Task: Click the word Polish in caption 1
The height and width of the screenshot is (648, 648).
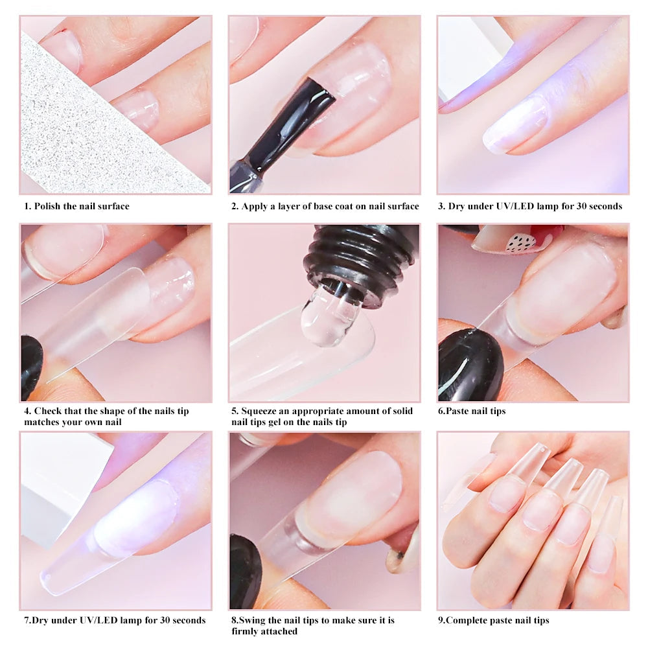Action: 49,206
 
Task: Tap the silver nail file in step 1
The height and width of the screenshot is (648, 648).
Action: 84,130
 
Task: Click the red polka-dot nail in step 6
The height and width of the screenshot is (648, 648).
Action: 518,240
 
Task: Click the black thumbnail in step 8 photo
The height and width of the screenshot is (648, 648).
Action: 245,570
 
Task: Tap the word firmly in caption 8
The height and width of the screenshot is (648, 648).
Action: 246,631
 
